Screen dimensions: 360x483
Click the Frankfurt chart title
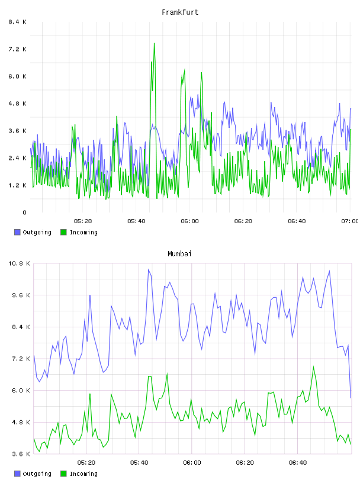coord(180,12)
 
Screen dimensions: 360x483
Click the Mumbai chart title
coord(179,254)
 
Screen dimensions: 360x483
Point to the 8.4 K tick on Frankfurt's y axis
coord(17,22)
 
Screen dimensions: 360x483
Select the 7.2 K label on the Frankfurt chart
coord(17,49)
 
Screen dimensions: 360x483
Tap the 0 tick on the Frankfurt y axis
coord(24,212)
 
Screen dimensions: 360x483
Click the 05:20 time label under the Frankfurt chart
coord(83,221)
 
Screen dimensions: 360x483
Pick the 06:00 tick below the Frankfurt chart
coord(189,221)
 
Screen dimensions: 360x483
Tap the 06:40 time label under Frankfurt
coord(297,221)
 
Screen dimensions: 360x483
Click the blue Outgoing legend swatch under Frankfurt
coord(17,232)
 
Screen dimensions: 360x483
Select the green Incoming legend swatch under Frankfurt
coord(63,232)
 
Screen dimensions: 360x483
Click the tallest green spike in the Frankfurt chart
coord(154,44)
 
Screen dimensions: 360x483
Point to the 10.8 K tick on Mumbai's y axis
coord(19,263)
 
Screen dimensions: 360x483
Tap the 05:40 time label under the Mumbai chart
coord(139,463)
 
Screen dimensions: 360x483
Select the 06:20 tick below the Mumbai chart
coord(245,463)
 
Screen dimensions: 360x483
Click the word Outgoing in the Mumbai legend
coord(37,474)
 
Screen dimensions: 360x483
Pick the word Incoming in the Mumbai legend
coord(83,474)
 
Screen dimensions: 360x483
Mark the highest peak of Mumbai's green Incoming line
coord(313,366)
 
